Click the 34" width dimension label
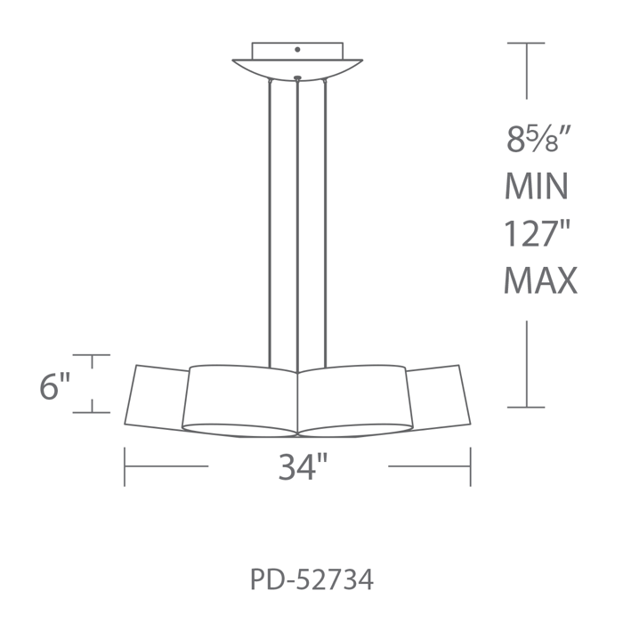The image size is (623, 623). point(303,466)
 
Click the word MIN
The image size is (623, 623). point(537,186)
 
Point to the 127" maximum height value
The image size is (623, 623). point(538,233)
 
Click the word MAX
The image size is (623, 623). point(540,280)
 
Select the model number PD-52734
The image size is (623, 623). point(311,579)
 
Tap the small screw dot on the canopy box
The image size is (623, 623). point(297,50)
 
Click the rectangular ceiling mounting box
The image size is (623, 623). point(297,51)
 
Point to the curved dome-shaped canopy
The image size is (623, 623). point(297,70)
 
